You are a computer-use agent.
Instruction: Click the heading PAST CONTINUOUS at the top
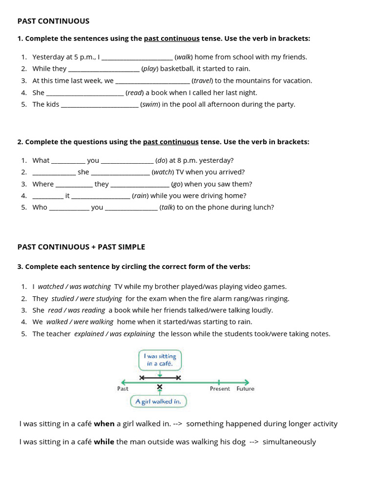[x=53, y=21]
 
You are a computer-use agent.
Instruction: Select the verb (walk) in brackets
[x=184, y=57]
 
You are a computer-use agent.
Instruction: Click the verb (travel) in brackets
[x=202, y=81]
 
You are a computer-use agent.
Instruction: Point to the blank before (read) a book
[x=84, y=93]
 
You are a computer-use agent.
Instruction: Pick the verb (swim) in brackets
[x=150, y=104]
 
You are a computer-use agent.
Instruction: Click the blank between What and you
[x=68, y=161]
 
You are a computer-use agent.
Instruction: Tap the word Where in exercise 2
[x=43, y=184]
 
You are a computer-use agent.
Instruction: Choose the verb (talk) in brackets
[x=167, y=208]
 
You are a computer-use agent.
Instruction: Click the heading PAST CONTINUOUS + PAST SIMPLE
[x=81, y=247]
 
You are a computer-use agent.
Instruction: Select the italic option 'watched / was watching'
[x=74, y=287]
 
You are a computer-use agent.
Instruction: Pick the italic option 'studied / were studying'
[x=86, y=299]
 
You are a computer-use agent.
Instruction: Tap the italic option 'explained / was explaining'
[x=114, y=334]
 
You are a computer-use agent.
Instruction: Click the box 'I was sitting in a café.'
[x=160, y=360]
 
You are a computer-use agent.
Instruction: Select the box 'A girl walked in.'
[x=158, y=402]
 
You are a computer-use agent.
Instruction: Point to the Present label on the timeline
[x=220, y=389]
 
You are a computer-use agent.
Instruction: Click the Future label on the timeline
[x=245, y=389]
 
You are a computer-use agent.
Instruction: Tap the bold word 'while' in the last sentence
[x=104, y=442]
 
